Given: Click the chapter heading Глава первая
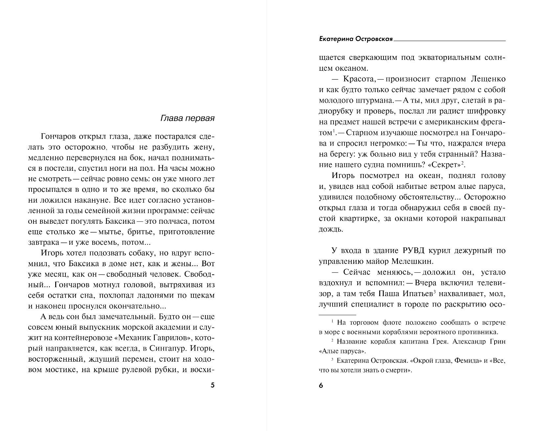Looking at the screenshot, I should click(187, 118).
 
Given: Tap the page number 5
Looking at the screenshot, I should click(212, 386).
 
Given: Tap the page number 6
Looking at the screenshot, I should click(321, 386).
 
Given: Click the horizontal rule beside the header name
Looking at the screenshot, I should click(450, 40).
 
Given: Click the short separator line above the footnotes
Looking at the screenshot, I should click(337, 315).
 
